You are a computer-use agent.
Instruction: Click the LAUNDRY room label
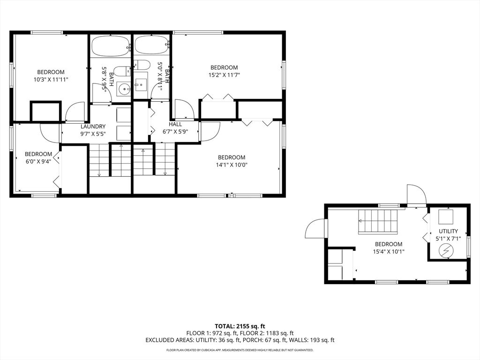[x=93, y=127]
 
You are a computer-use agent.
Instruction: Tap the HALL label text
[x=175, y=124]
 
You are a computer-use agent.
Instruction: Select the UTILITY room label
[x=448, y=231]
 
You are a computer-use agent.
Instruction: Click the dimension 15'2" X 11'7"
[x=224, y=75]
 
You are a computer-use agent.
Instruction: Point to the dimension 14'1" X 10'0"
[x=232, y=165]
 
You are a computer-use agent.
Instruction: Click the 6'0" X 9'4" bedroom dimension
[x=38, y=162]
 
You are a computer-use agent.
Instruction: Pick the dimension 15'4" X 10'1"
[x=389, y=252]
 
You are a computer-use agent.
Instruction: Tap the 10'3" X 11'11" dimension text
[x=51, y=80]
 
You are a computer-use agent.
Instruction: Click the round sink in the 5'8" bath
[x=125, y=89]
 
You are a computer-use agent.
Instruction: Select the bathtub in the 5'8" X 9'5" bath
[x=111, y=46]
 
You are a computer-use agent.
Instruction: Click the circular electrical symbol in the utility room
[x=445, y=251]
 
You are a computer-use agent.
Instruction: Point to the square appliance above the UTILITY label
[x=446, y=217]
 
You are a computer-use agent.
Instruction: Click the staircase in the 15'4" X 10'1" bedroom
[x=378, y=221]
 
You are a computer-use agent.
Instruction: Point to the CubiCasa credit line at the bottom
[x=240, y=350]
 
